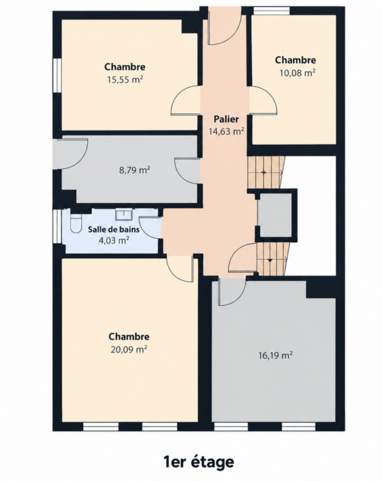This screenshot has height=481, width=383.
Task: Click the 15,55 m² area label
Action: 124,80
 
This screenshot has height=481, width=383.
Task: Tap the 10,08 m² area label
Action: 298,73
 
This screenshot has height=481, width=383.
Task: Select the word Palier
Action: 226,119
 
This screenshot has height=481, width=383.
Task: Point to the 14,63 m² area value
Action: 226,131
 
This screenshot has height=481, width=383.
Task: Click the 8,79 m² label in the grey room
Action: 135,170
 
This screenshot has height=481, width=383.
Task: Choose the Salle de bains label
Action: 114,230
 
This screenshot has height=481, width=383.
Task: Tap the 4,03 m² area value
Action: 114,240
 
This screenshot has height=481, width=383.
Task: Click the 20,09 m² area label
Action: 129,349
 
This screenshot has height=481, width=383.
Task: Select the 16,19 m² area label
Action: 275,356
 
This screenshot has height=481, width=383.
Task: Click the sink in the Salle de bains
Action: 124,214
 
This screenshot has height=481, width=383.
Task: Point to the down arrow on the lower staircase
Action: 270,260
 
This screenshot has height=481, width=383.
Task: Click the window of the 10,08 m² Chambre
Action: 272,11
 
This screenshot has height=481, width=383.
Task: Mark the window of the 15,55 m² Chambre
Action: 57,75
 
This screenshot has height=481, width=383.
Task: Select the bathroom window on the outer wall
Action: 57,226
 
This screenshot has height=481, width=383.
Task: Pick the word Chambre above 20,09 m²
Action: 129,337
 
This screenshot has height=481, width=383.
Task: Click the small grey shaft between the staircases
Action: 274,215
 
